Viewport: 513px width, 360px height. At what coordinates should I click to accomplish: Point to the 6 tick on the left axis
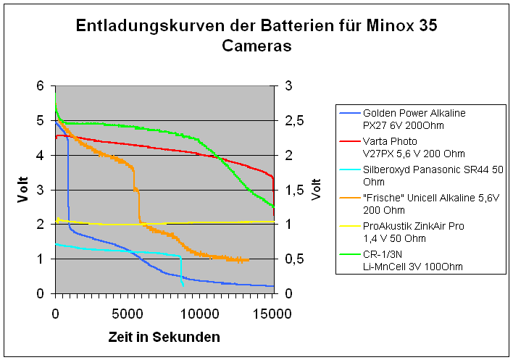tap(41, 85)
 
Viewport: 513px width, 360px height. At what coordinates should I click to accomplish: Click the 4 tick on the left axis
tap(41, 155)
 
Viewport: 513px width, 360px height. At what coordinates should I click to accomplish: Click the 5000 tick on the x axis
tap(128, 314)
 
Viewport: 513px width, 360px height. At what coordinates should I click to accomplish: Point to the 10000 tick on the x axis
tap(201, 314)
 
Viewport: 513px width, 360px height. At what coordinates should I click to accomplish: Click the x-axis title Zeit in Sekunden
tap(164, 338)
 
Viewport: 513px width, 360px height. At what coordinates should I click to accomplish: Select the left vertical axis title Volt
tap(23, 189)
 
